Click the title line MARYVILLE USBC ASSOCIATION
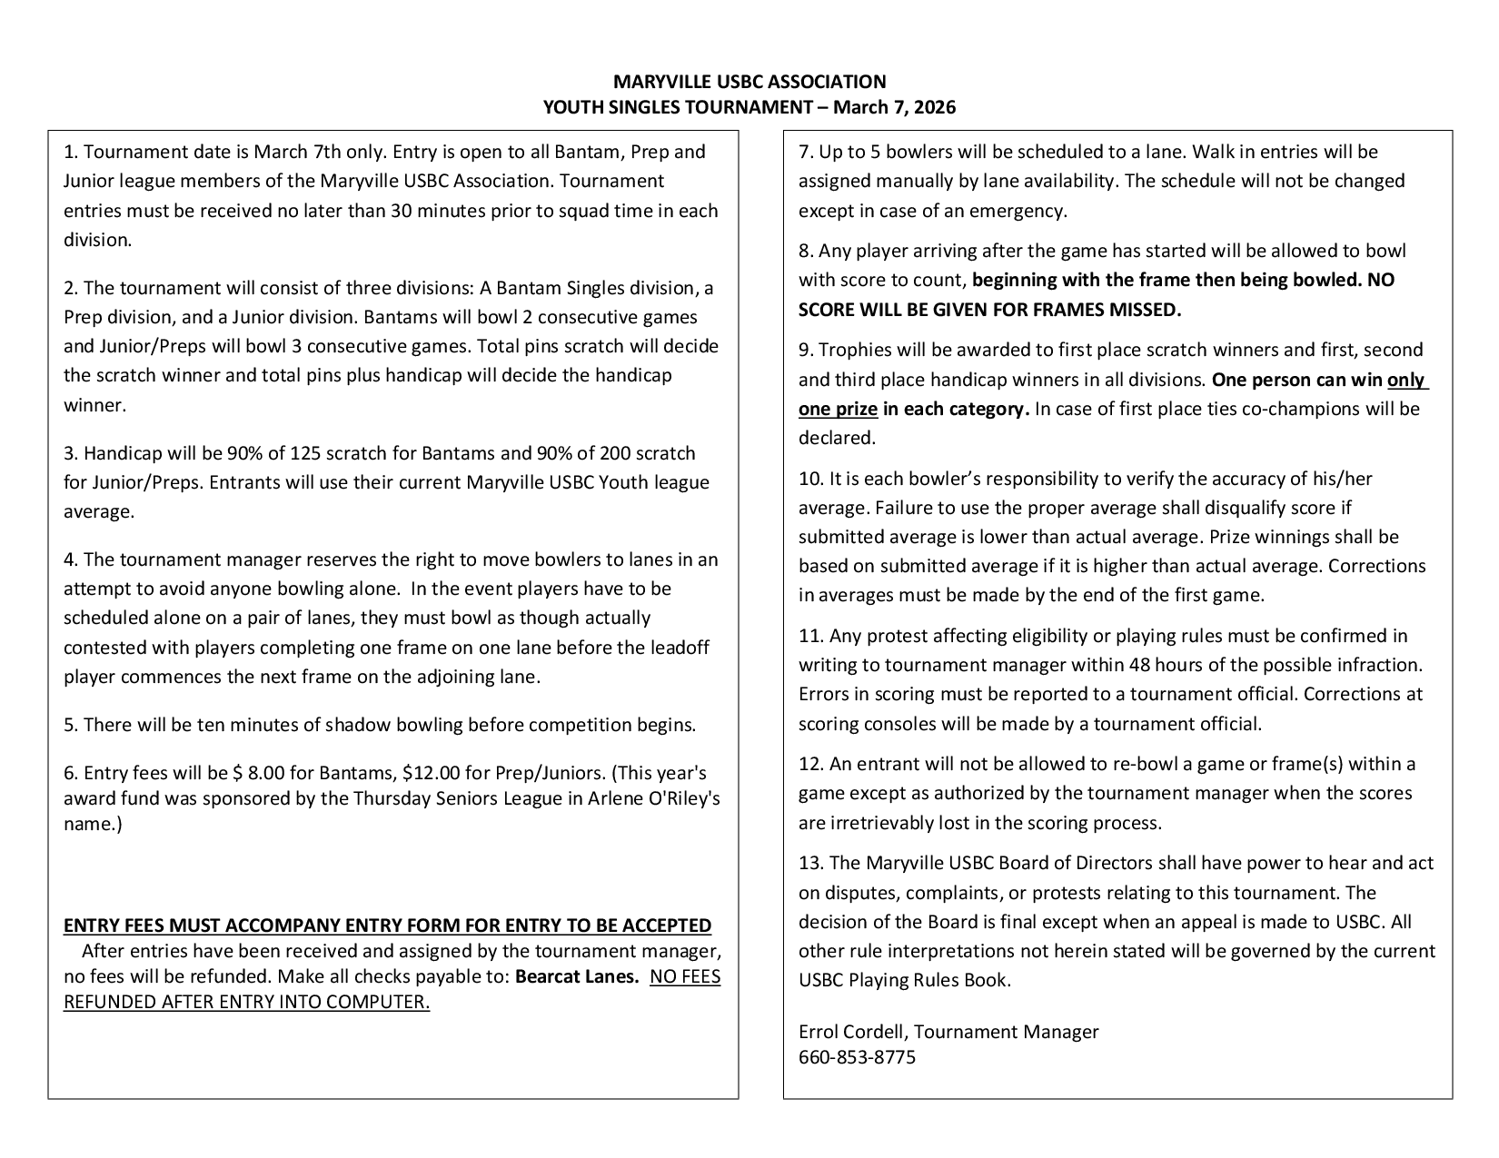[x=749, y=82]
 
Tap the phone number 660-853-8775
[x=857, y=1057]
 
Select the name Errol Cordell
[x=853, y=1032]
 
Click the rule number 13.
[x=810, y=863]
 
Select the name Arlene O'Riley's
[x=659, y=799]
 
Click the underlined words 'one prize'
[x=838, y=409]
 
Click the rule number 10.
[x=810, y=479]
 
